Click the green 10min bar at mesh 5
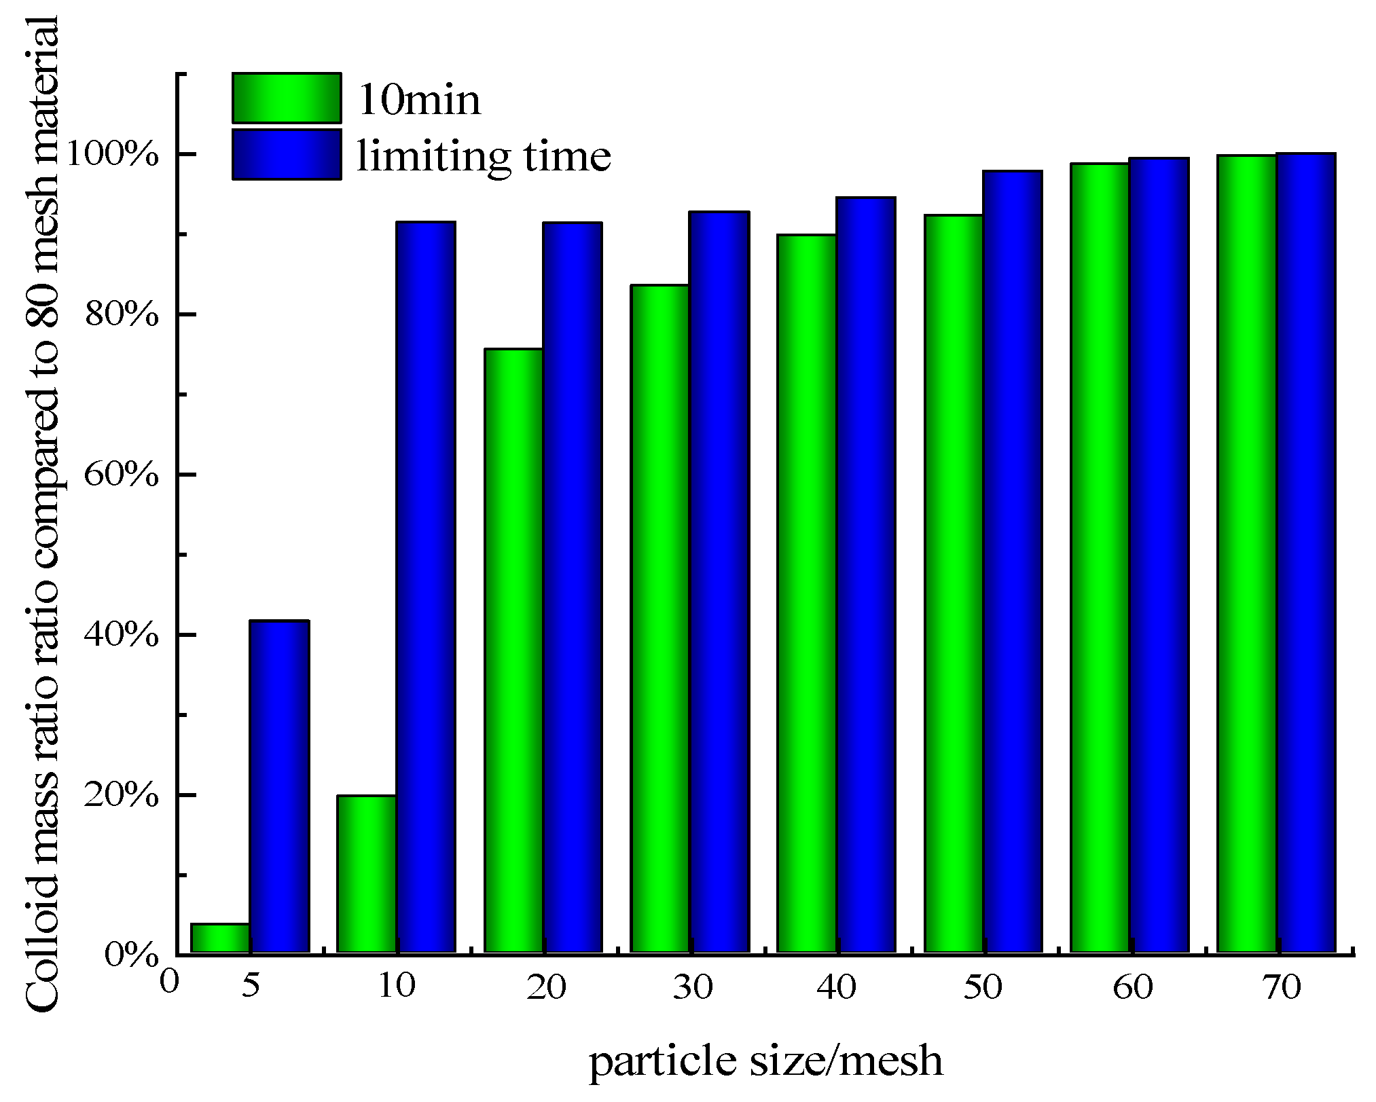220,938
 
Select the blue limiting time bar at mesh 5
279,786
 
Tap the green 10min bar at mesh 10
367,874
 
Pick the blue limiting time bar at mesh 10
426,587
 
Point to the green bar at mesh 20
513,650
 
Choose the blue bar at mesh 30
719,582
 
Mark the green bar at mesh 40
807,593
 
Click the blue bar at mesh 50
1013,562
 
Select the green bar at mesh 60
1100,558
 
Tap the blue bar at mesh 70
1306,553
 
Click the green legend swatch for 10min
287,98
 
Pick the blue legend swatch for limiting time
287,155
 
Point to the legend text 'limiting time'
484,156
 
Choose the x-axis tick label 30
692,987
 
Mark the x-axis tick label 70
1282,987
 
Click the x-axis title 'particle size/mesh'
765,1061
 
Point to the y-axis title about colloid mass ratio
42,516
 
